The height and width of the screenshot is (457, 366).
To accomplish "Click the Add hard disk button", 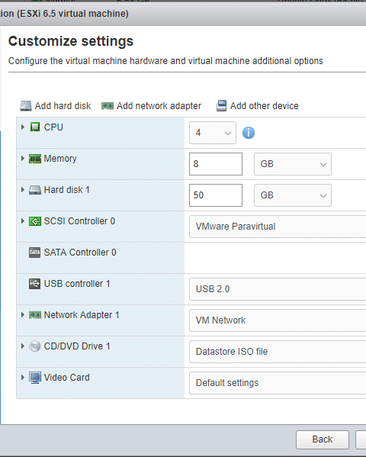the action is [56, 106].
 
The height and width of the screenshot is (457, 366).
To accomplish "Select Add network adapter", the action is [151, 106].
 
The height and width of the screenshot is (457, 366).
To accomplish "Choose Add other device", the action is [257, 106].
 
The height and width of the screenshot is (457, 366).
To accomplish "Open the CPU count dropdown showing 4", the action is [213, 133].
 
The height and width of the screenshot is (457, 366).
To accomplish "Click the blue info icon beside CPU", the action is [249, 133].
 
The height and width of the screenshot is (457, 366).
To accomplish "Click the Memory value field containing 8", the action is [216, 164].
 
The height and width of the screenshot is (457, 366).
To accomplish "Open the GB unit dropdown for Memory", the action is [293, 164].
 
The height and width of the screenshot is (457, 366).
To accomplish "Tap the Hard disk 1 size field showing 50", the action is [216, 195].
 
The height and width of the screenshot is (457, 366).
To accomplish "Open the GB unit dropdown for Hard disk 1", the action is [293, 195].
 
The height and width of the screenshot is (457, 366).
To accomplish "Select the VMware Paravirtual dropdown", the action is [278, 227].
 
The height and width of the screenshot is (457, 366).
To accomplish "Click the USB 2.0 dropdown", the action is [278, 289].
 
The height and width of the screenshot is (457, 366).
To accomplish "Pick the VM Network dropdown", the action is [278, 320].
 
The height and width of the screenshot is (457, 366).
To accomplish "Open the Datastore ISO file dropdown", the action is [278, 352].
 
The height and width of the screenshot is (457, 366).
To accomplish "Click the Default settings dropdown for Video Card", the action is [278, 383].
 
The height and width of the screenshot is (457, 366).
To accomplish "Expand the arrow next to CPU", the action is [23, 127].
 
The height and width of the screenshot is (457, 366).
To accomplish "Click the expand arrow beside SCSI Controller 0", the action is [23, 221].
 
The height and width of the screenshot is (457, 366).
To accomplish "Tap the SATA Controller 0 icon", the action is [34, 253].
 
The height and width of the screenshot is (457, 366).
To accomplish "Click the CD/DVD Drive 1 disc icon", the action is [34, 346].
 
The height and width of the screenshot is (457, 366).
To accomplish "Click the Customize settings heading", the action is [71, 41].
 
